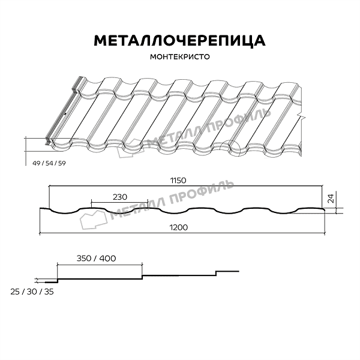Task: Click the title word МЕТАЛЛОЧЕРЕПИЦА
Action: point(179,41)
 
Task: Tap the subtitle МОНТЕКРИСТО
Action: point(180,57)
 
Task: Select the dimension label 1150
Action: point(178,181)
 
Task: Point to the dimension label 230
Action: point(120,197)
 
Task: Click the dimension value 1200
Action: point(179,227)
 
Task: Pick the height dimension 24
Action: point(331,199)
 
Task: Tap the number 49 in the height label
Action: point(36,163)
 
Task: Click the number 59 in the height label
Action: point(62,163)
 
